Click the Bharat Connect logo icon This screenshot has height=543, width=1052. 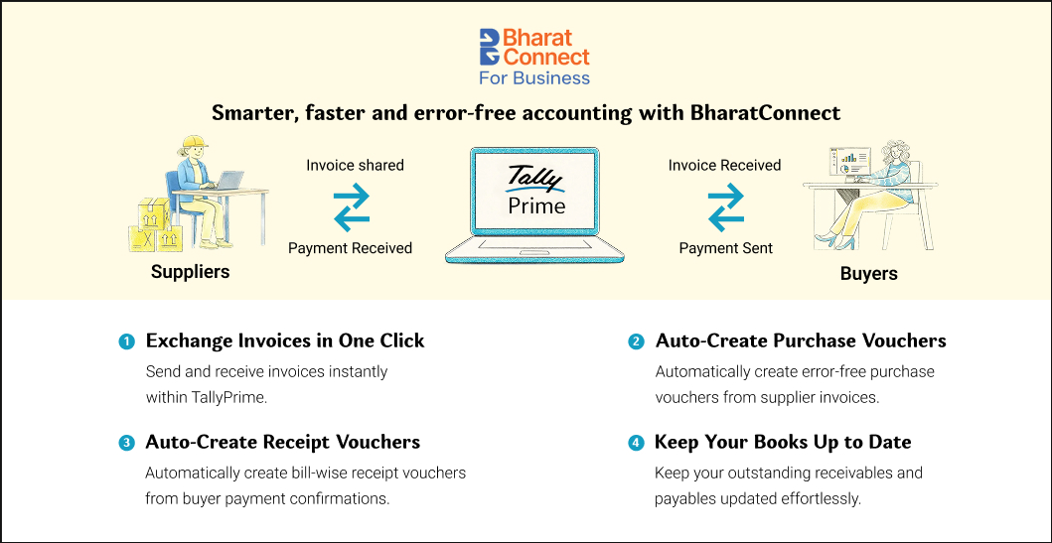pyautogui.click(x=490, y=47)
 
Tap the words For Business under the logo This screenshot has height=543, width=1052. pyautogui.click(x=534, y=77)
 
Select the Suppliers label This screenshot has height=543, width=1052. pyautogui.click(x=190, y=272)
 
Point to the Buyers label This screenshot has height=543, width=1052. pyautogui.click(x=869, y=274)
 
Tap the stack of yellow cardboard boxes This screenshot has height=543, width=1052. pyautogui.click(x=156, y=226)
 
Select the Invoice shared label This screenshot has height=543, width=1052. pyautogui.click(x=355, y=165)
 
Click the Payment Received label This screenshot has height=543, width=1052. pyautogui.click(x=351, y=248)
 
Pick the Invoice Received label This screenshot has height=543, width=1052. pyautogui.click(x=724, y=165)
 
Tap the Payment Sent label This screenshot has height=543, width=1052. pyautogui.click(x=726, y=248)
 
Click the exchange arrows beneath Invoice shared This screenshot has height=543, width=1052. pyautogui.click(x=353, y=205)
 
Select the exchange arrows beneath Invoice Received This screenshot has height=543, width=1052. pyautogui.click(x=726, y=205)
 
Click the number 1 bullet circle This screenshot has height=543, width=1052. pyautogui.click(x=125, y=341)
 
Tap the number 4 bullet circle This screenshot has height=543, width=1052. pyautogui.click(x=635, y=443)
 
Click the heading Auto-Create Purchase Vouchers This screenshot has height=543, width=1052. pyautogui.click(x=801, y=340)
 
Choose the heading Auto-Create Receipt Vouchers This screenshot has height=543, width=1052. pyautogui.click(x=282, y=443)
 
